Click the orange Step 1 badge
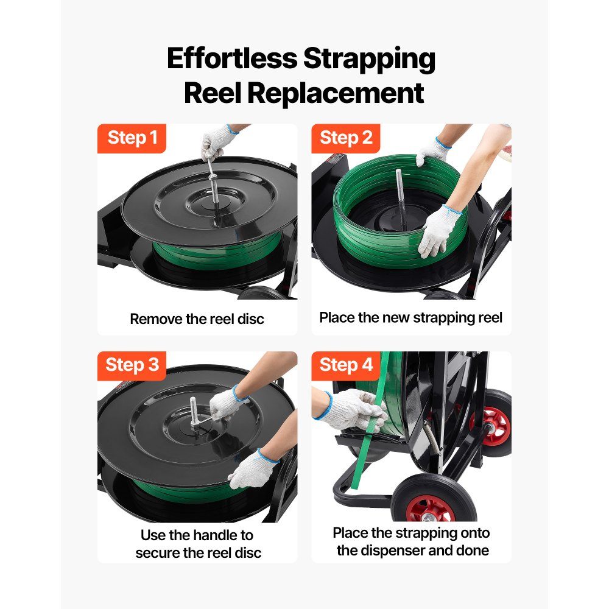[x=132, y=138]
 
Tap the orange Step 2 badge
[x=346, y=138]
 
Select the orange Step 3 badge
[x=132, y=365]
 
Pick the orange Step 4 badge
[x=346, y=365]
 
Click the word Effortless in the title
[x=232, y=58]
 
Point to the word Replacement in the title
[x=336, y=93]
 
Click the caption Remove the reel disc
[x=197, y=319]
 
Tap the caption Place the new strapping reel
[x=411, y=317]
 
